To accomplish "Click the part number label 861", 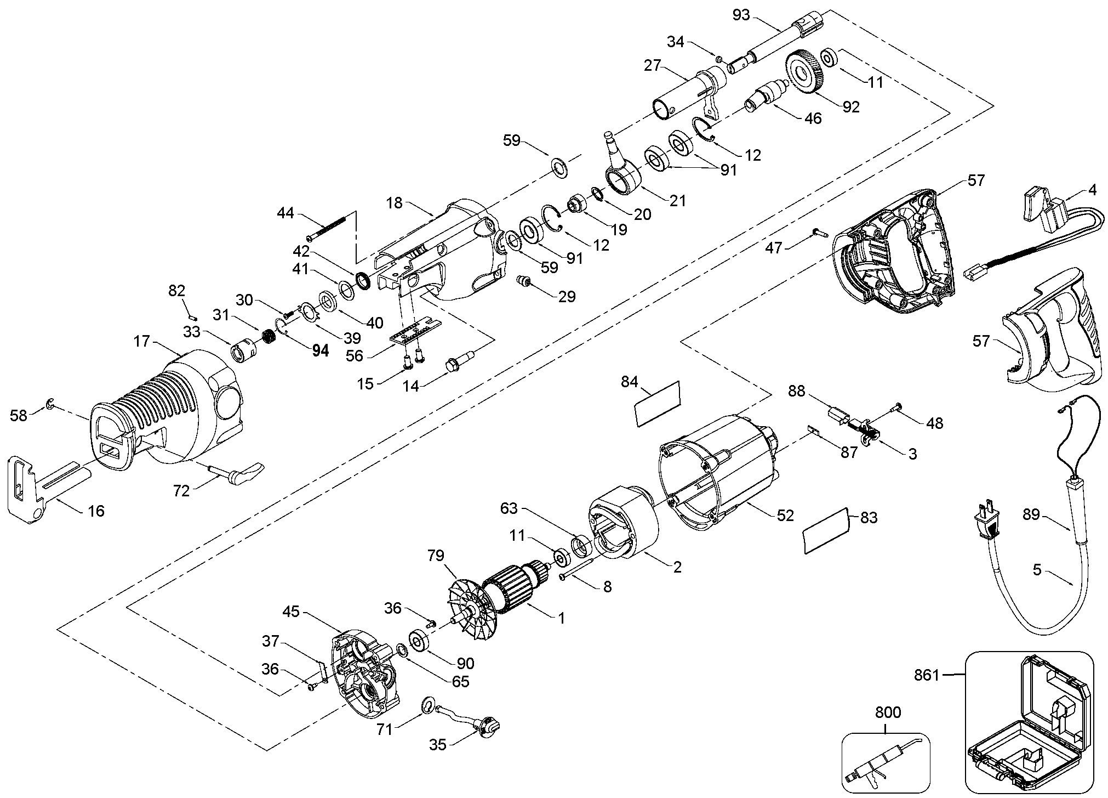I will (x=927, y=675).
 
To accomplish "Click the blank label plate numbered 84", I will (x=658, y=403).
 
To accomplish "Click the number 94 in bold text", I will (x=320, y=350).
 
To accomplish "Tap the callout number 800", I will (x=888, y=712).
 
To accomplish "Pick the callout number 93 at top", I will (x=741, y=15).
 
